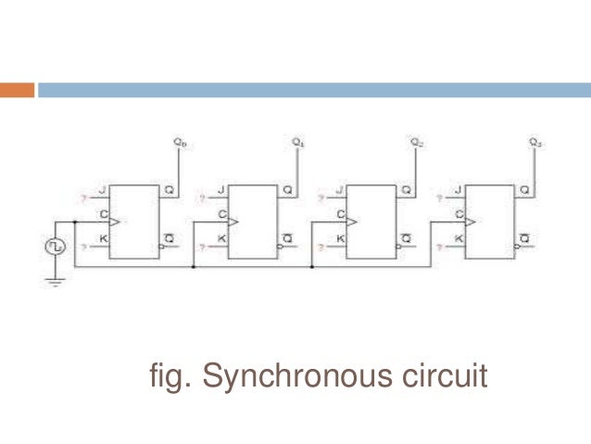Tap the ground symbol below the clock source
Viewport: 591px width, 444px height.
point(55,281)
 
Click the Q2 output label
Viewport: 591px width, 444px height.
point(417,142)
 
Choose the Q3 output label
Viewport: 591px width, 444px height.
point(535,142)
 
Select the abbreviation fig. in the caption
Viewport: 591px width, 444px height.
point(169,378)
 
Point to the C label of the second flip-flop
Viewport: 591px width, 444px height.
point(222,215)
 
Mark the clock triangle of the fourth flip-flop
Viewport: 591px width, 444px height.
point(471,222)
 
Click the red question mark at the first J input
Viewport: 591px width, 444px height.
point(84,198)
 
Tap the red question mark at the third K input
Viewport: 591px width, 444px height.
point(321,247)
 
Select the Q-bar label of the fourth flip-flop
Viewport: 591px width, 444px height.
point(524,240)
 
